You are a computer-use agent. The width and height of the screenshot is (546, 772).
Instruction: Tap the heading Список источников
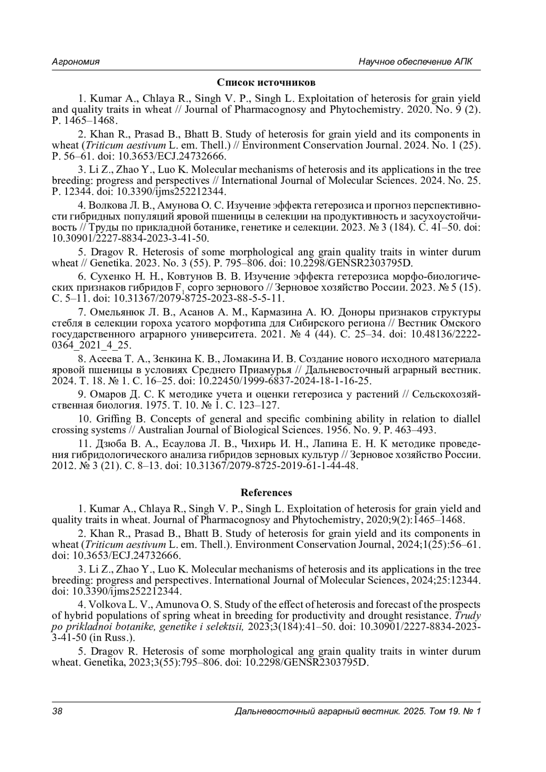[266, 82]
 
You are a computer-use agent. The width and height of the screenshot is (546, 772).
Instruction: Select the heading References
[266, 492]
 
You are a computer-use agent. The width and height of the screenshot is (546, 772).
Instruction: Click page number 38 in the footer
[57, 711]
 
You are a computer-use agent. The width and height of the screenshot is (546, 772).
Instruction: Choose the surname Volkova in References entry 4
[108, 605]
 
